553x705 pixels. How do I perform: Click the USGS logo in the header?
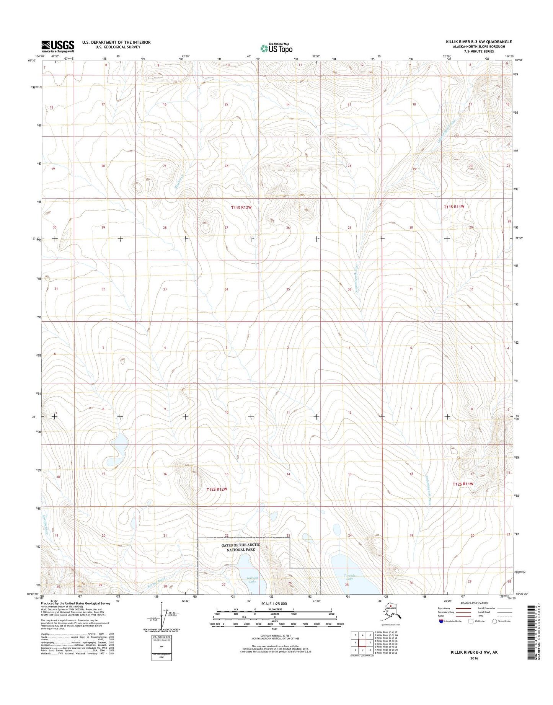pos(58,46)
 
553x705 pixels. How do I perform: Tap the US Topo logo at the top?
pos(276,48)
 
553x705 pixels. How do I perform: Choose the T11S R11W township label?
pos(454,207)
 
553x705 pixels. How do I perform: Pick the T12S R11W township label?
pos(463,484)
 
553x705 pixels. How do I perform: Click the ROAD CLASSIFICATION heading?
pos(474,603)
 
